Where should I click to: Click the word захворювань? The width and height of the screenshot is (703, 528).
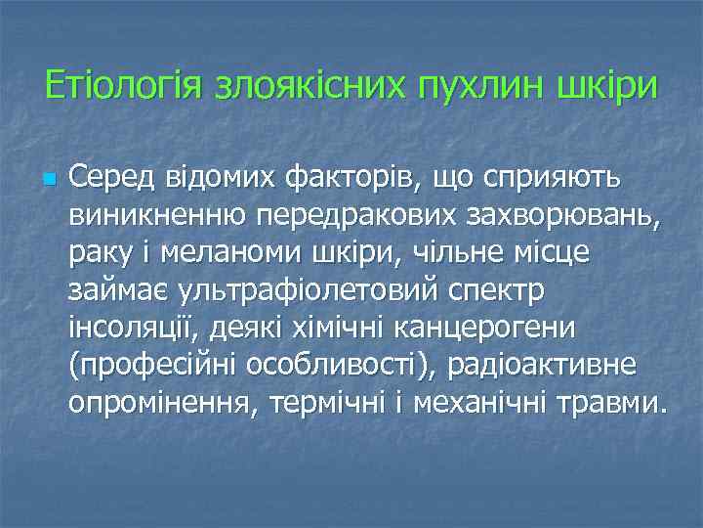[567, 215]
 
